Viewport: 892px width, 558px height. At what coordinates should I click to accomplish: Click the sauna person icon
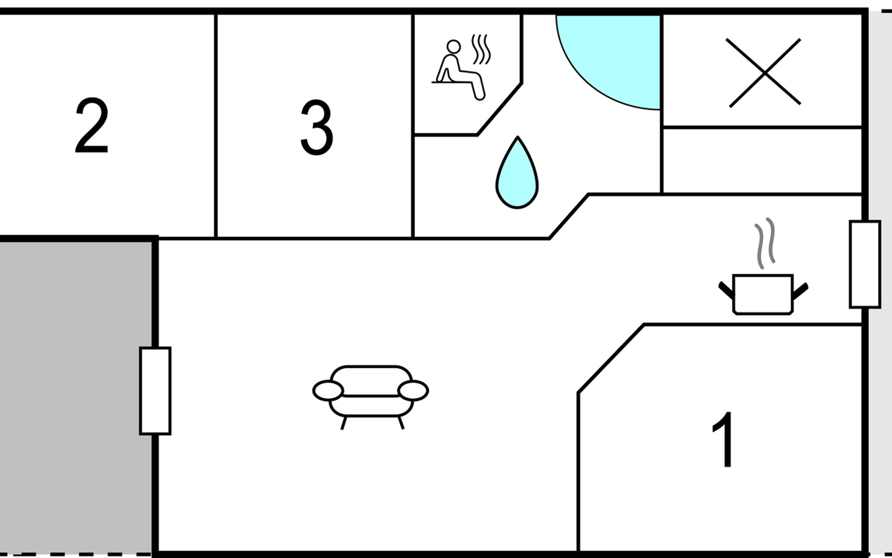(x=459, y=70)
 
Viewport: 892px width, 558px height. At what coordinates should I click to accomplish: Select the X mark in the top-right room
(x=763, y=73)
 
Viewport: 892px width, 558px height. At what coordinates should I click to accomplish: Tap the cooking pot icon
(x=763, y=294)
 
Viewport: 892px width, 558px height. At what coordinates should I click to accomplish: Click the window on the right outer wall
(x=865, y=264)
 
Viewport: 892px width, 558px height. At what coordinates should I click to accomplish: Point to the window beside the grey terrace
(x=155, y=391)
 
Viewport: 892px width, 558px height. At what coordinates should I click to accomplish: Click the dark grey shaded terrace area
(x=74, y=395)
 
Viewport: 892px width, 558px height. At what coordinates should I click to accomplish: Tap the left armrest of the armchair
(x=328, y=391)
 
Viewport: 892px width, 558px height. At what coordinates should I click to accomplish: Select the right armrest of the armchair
(x=413, y=391)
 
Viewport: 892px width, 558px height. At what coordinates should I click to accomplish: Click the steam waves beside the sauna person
(x=481, y=49)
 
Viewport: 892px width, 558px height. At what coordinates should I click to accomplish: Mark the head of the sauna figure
(x=453, y=46)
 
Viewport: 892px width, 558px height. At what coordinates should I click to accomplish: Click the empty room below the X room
(x=762, y=160)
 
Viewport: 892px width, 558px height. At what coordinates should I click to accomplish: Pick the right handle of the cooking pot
(x=800, y=290)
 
